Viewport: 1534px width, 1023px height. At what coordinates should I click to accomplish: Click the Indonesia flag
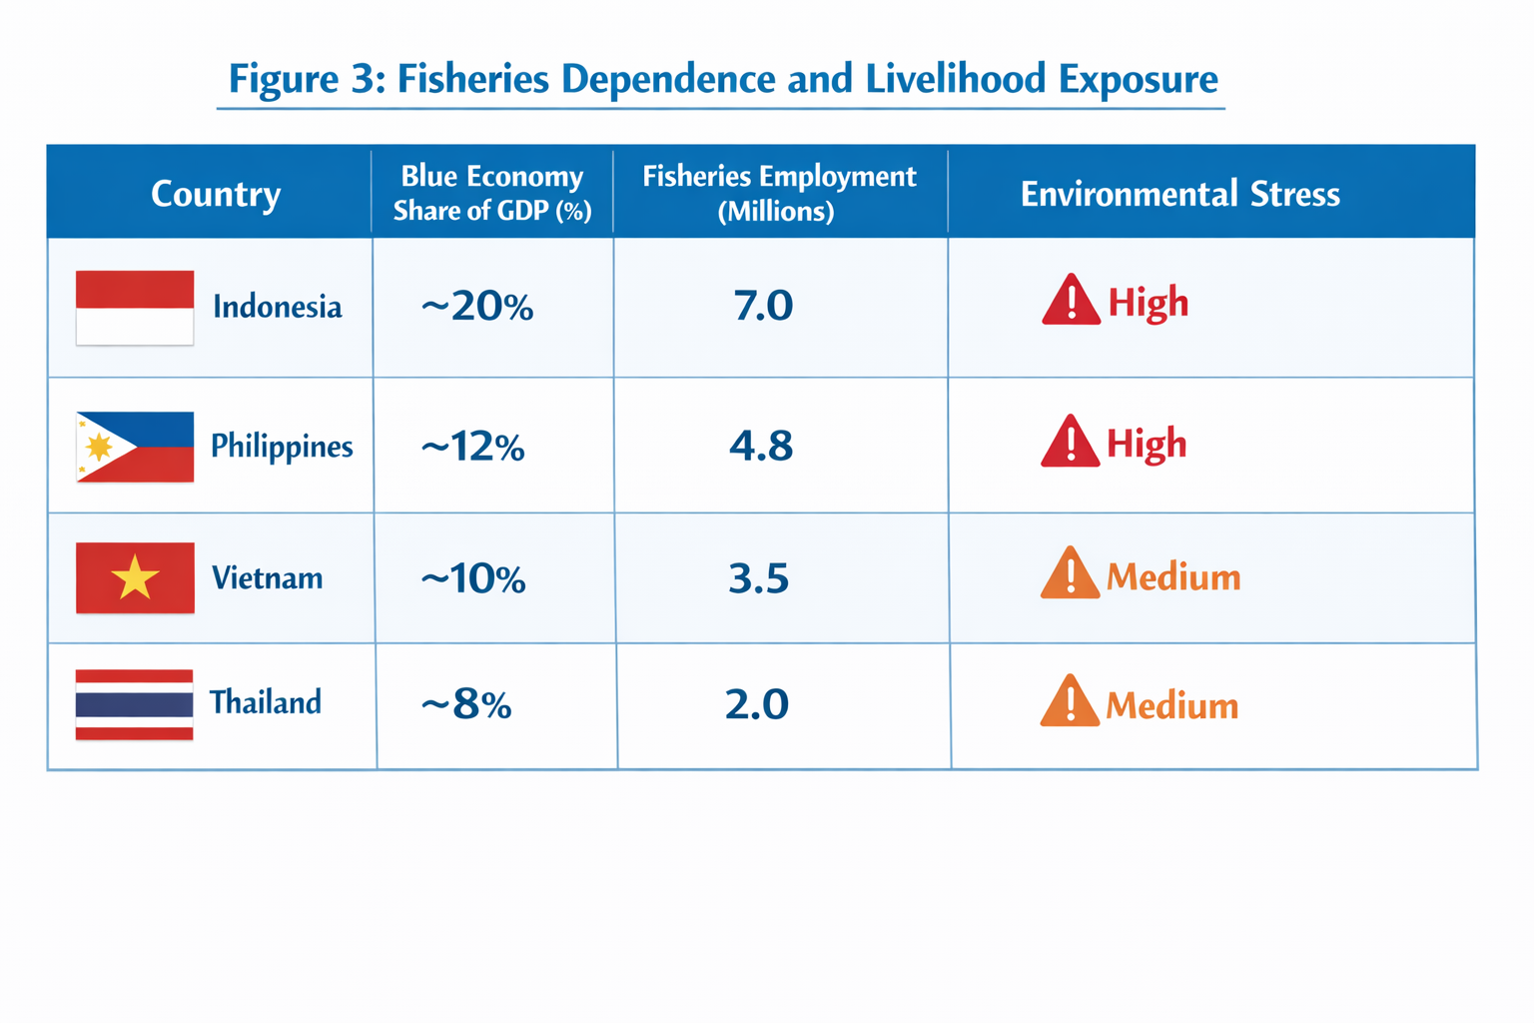pos(135,308)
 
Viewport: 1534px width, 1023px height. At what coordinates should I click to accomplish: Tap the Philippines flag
pos(135,447)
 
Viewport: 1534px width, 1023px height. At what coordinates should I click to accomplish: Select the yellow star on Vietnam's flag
pos(135,577)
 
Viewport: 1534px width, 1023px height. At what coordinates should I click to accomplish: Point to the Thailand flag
pos(134,704)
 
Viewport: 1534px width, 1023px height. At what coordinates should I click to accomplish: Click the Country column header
pos(216,193)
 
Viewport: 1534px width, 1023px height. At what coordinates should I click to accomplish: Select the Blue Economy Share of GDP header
pos(492,193)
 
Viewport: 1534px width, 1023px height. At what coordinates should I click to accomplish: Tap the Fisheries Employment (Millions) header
pos(779,193)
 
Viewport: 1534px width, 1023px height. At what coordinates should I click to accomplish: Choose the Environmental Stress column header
pos(1179,193)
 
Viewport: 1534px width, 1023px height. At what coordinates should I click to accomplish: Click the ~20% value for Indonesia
pos(476,307)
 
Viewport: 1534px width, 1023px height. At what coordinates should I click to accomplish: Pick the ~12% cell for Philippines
pos(472,447)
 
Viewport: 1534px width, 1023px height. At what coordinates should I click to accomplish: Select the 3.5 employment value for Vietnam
pos(759,578)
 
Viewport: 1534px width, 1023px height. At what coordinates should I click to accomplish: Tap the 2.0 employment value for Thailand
pos(757,704)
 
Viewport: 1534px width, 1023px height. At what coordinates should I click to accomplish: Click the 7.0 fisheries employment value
pos(763,306)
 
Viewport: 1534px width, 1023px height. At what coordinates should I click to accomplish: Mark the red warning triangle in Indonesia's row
pos(1071,301)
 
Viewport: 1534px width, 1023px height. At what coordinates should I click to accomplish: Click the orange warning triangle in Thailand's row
pos(1070,702)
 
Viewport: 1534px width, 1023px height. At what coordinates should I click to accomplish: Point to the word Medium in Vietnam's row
pos(1173,577)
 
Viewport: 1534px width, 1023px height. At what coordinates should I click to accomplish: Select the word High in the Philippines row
pos(1147,444)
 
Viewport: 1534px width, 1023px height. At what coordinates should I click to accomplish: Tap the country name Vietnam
pos(267,577)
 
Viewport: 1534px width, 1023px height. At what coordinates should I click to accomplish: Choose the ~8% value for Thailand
pos(466,705)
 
